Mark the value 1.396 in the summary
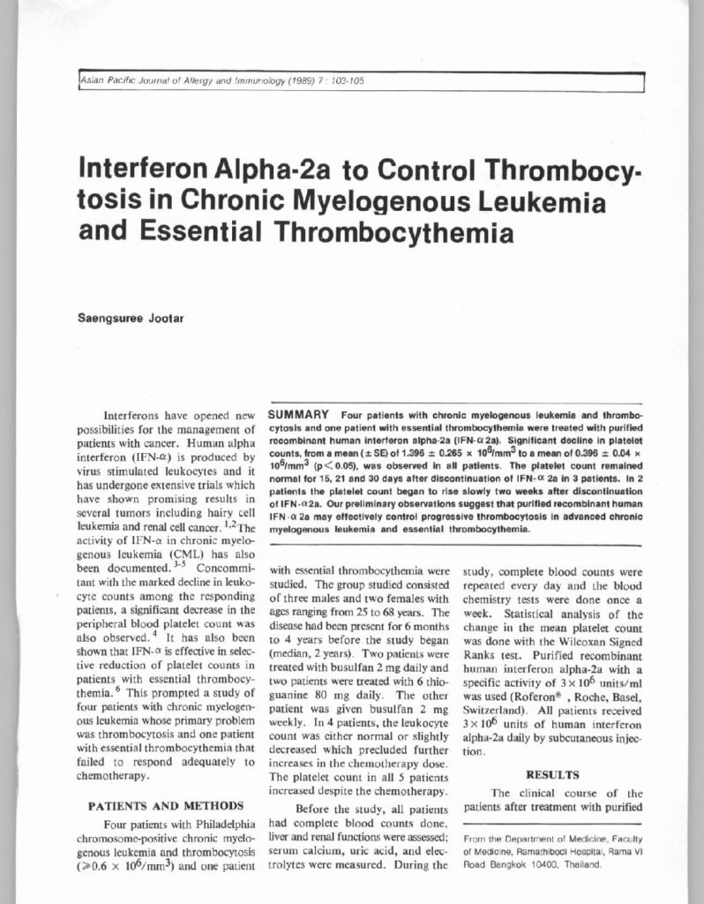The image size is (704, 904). pos(400,449)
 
